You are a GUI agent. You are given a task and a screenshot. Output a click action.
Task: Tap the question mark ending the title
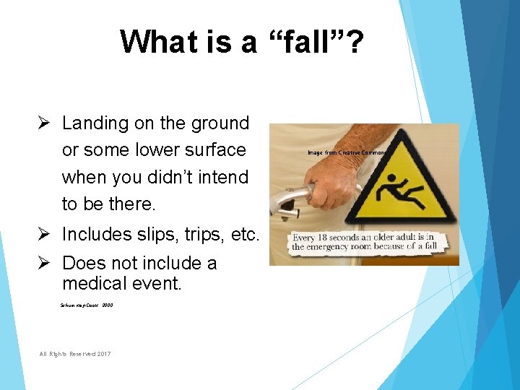click(x=355, y=41)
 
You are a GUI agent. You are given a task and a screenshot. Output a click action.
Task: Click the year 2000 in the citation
click(x=107, y=305)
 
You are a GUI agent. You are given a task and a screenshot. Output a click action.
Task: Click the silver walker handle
click(x=289, y=197)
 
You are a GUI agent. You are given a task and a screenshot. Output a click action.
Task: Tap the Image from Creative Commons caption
click(x=346, y=153)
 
